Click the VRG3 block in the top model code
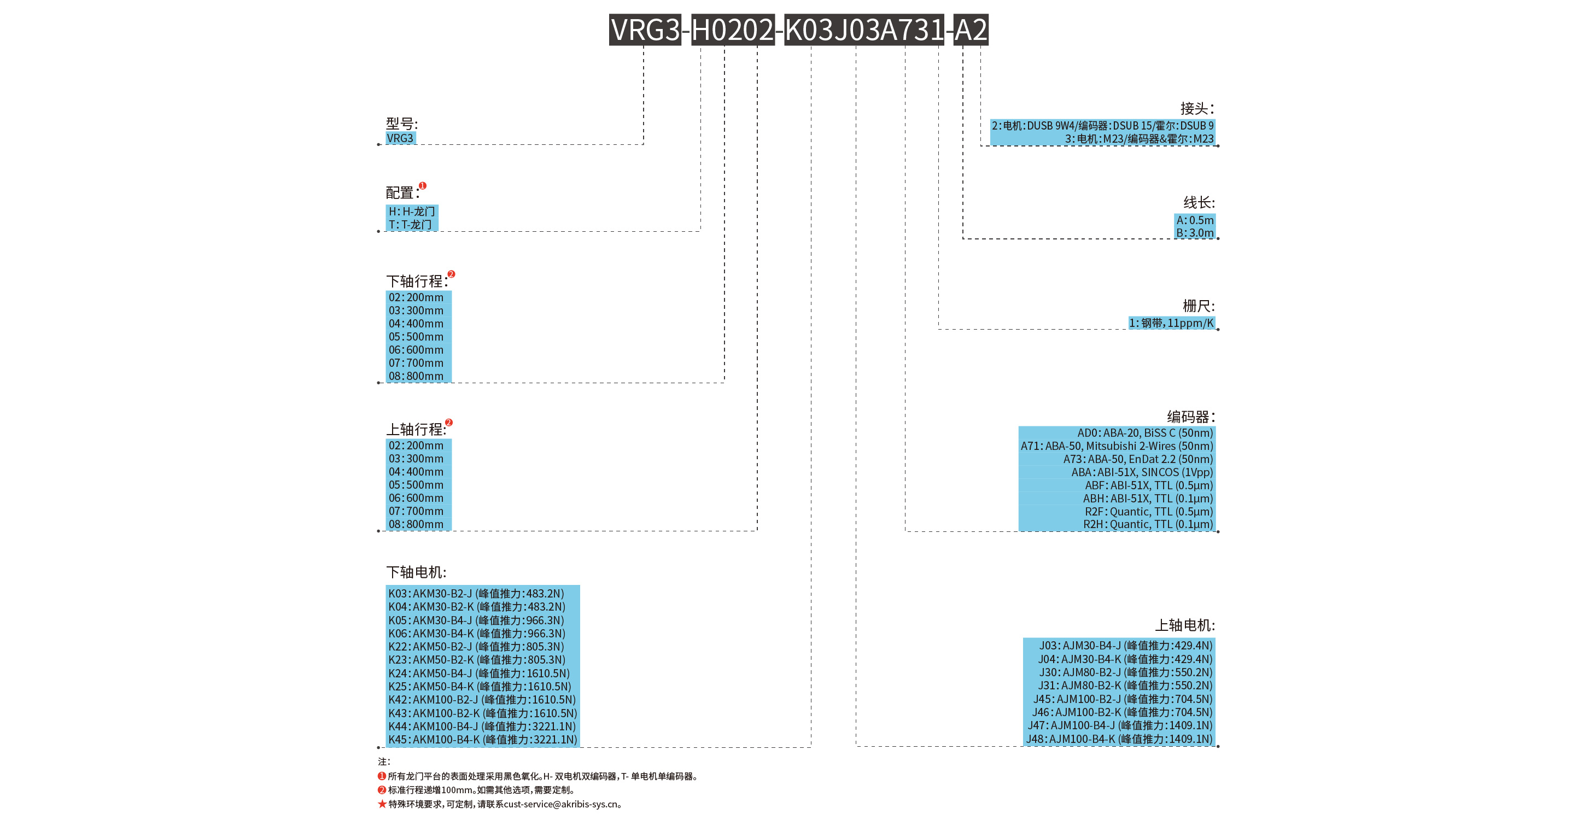[645, 30]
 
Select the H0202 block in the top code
[733, 30]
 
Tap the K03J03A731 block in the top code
[864, 30]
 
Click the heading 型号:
[402, 123]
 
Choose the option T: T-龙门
[410, 225]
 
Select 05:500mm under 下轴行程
[416, 337]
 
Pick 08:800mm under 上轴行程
[416, 524]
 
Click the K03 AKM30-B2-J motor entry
[476, 594]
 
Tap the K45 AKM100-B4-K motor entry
[482, 740]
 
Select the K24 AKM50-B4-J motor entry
[478, 673]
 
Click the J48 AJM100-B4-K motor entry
[1119, 739]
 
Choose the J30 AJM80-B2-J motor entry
[1125, 672]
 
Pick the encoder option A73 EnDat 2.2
[1137, 459]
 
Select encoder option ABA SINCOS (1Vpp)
[1142, 472]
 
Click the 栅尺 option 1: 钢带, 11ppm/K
[1171, 323]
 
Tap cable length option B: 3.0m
[1194, 233]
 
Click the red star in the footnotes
[382, 804]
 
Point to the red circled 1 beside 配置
[422, 186]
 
